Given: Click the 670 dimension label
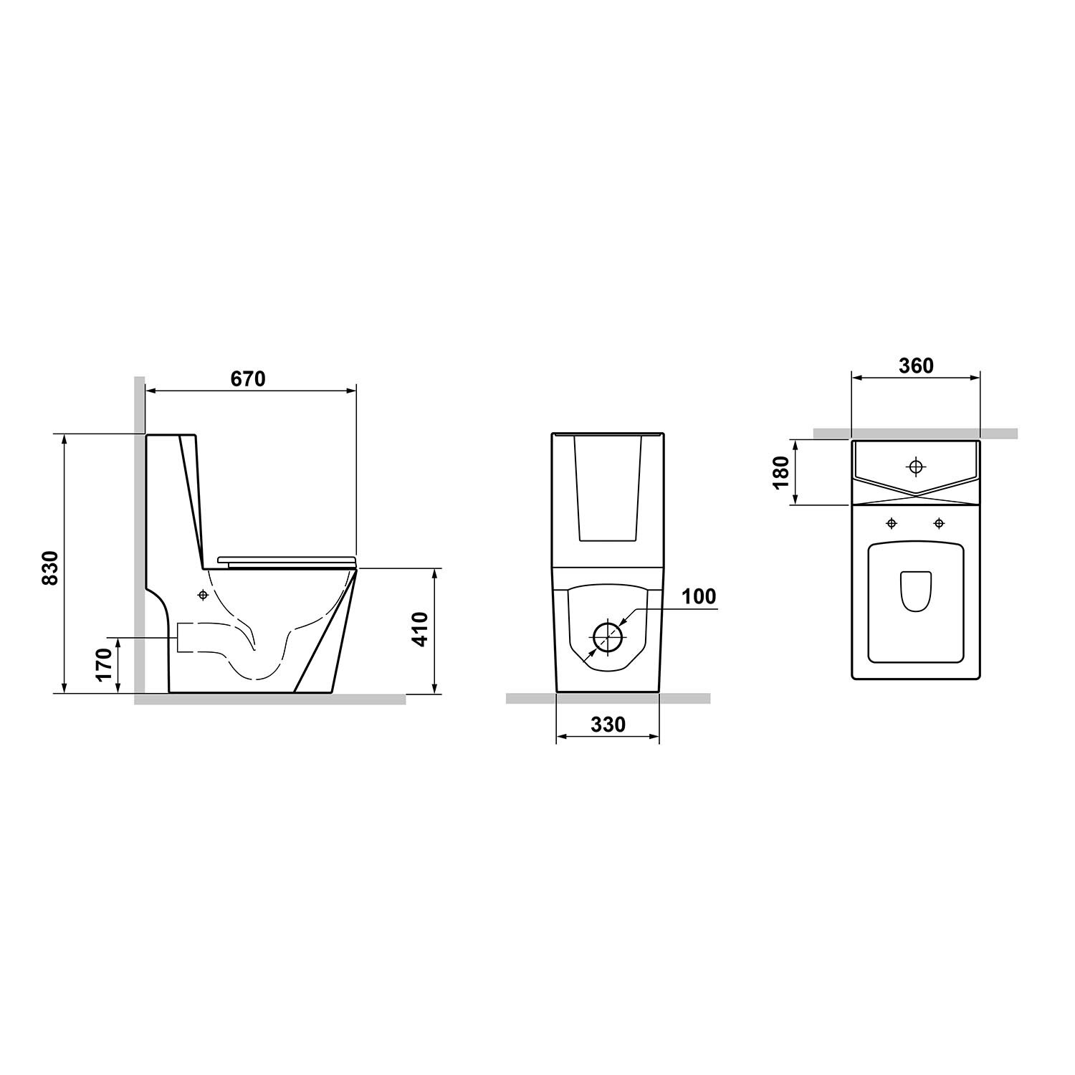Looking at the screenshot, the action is tap(248, 378).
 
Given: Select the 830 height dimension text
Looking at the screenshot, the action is tap(49, 568).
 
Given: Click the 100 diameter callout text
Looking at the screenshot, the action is tap(698, 596).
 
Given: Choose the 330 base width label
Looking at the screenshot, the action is tap(608, 725).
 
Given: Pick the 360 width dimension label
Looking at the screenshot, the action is tap(916, 365).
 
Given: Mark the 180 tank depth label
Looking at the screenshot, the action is tap(781, 472).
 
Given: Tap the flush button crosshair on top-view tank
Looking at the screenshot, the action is tap(915, 467).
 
